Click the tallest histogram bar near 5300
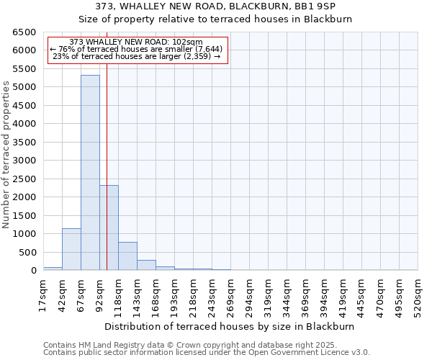point(90,173)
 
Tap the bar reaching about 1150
point(71,249)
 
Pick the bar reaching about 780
point(127,256)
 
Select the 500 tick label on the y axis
point(29,253)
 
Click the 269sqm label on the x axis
point(230,295)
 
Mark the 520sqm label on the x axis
point(418,295)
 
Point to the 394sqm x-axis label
point(324,295)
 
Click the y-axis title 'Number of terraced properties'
point(6,154)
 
